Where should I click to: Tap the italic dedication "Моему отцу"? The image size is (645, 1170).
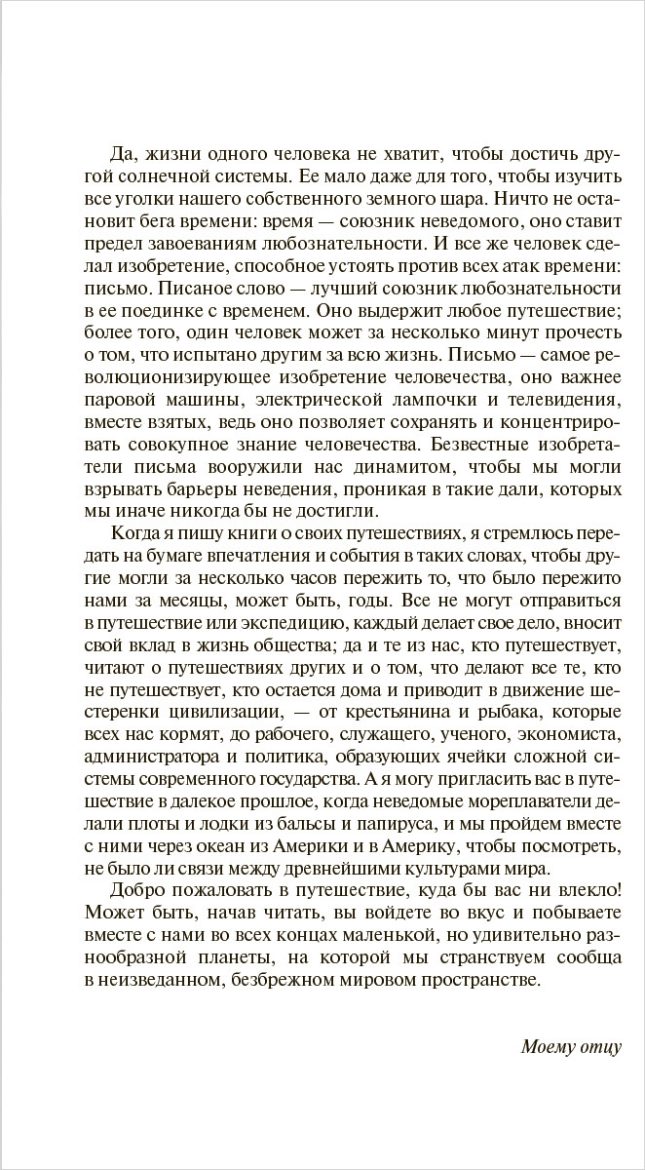(570, 1048)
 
